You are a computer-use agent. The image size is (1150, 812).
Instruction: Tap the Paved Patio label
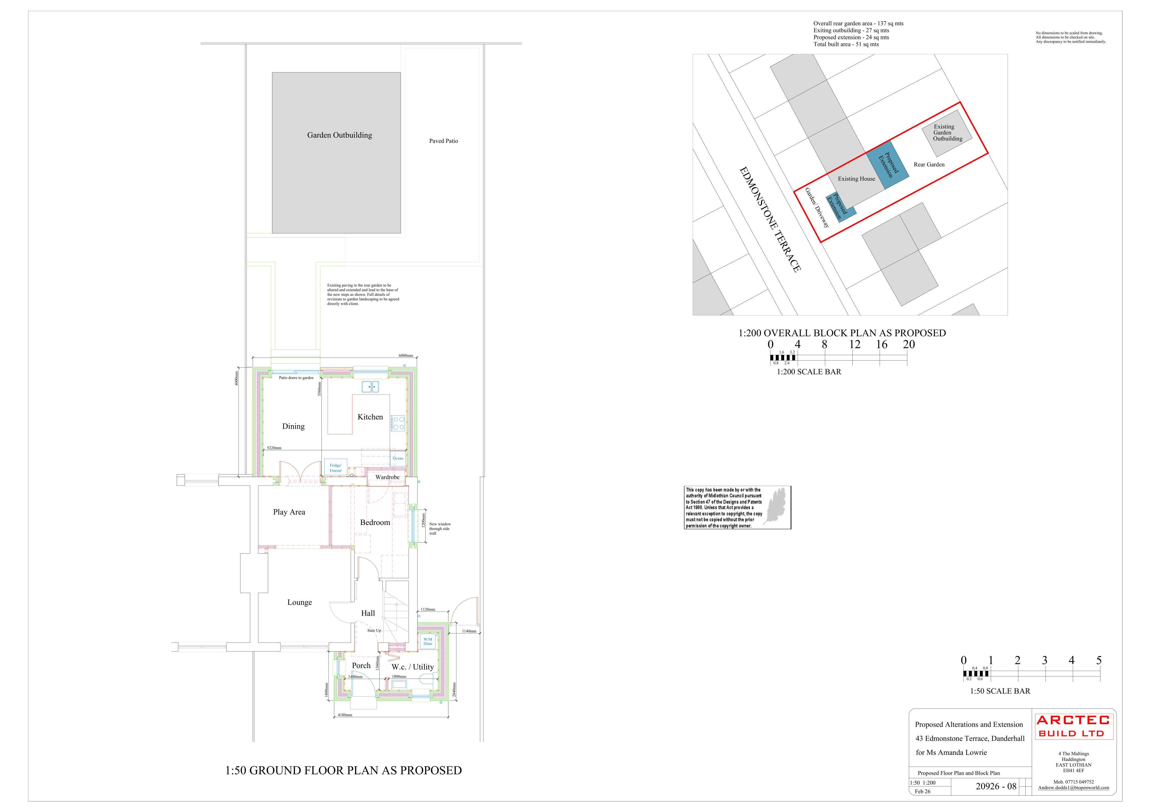coord(443,141)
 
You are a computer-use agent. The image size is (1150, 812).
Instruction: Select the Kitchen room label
coord(370,417)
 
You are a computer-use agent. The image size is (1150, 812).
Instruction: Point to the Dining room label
coord(293,426)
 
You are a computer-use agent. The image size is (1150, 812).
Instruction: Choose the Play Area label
coord(289,512)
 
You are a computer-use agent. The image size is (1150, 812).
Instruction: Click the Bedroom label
coord(375,523)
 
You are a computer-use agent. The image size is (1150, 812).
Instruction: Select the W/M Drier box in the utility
coord(428,641)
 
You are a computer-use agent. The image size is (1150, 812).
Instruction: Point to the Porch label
coord(361,666)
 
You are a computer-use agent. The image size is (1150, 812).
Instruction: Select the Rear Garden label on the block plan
coord(929,165)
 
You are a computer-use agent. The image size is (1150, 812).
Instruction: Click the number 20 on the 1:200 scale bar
coord(909,345)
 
